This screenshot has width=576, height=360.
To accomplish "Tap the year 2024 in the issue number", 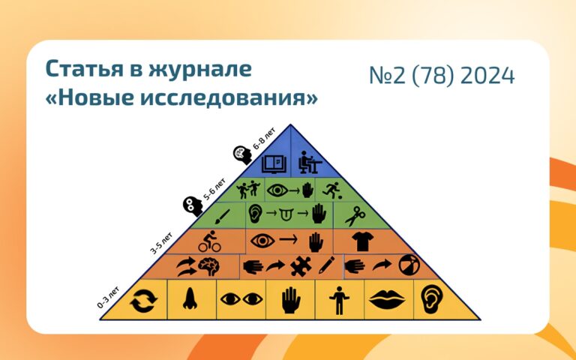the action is click(x=487, y=76).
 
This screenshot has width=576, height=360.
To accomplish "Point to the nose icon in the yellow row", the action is click(x=190, y=298).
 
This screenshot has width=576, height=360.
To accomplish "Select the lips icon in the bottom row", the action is click(x=387, y=299).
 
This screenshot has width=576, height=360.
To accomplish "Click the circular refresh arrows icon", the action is click(x=143, y=301).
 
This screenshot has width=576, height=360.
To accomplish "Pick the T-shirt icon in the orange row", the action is click(x=362, y=241).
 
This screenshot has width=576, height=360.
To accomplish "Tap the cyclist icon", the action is click(x=210, y=241).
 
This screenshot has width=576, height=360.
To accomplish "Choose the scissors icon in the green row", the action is click(x=355, y=216).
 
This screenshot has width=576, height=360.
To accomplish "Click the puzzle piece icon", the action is click(x=301, y=266).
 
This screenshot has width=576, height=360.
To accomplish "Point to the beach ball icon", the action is click(x=409, y=265).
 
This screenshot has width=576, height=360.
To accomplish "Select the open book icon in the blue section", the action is click(x=274, y=163).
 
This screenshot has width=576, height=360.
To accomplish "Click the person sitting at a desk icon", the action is click(x=310, y=162).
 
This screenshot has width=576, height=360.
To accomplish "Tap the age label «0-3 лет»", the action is click(x=108, y=297).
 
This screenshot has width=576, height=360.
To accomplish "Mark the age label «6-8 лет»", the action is click(x=264, y=139).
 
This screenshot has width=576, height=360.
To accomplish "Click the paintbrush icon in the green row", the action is click(x=222, y=217).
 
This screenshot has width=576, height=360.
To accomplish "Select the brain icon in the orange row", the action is click(x=209, y=266).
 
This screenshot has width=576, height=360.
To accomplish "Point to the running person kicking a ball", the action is click(x=332, y=190).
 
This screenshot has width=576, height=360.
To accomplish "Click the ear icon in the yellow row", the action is click(x=432, y=299).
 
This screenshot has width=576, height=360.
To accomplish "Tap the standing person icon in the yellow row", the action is click(x=339, y=301).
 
